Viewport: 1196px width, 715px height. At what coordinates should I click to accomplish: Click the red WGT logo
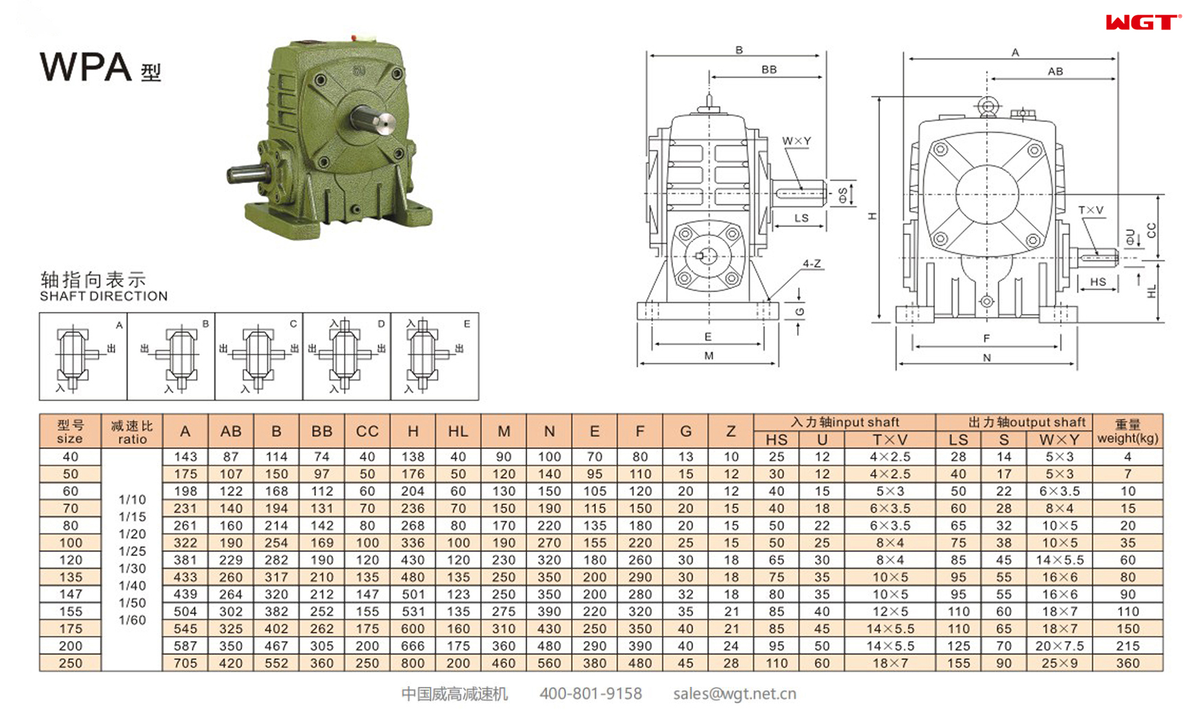point(1142,23)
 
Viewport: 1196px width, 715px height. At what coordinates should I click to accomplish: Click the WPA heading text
point(86,67)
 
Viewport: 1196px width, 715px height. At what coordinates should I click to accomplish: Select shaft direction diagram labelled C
point(258,356)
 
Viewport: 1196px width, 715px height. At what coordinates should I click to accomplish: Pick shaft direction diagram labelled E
point(434,356)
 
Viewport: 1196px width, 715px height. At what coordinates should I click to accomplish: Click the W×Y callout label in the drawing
point(796,141)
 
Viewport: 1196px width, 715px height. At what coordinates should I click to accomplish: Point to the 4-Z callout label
point(811,263)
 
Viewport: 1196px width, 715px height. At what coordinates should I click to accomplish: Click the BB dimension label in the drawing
point(769,69)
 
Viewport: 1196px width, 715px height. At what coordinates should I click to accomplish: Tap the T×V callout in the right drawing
point(1090,210)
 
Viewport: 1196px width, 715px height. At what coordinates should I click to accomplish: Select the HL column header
point(458,431)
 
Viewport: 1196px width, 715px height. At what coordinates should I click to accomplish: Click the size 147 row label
point(70,594)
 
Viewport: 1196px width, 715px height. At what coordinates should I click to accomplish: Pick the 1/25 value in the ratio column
point(132,551)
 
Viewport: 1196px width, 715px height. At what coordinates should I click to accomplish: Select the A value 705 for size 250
point(185,663)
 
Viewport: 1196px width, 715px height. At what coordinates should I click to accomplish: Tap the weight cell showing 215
point(1127,646)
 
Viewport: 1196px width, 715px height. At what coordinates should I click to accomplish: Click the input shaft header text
point(844,422)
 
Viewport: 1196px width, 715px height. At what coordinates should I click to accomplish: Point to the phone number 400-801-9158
point(590,694)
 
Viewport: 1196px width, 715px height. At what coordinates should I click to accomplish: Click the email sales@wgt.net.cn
point(734,694)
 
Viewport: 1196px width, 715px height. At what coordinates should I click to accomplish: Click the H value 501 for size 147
point(413,594)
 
